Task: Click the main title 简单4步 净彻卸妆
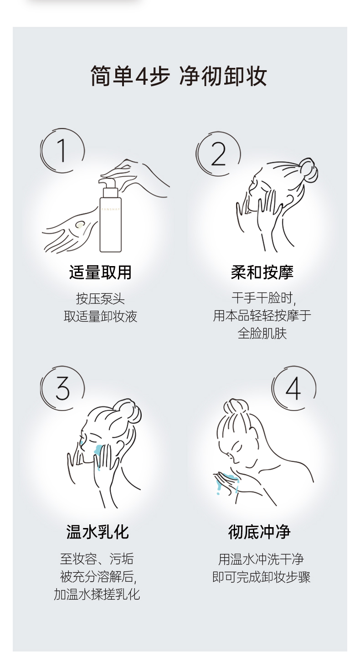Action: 179,76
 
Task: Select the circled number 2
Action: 218,153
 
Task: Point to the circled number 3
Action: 62,388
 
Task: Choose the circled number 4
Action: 294,388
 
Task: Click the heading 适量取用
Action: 100,272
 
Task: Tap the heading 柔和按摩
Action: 262,272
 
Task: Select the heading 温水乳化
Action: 98,532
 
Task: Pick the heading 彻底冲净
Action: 259,532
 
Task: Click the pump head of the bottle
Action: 108,182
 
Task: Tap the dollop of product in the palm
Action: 80,225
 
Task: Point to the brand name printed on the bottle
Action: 110,209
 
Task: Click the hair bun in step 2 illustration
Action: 309,170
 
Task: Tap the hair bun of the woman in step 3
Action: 129,410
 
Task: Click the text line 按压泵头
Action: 100,298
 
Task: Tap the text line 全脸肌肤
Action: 262,333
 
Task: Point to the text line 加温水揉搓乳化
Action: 97,595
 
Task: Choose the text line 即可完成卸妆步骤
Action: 261,577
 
